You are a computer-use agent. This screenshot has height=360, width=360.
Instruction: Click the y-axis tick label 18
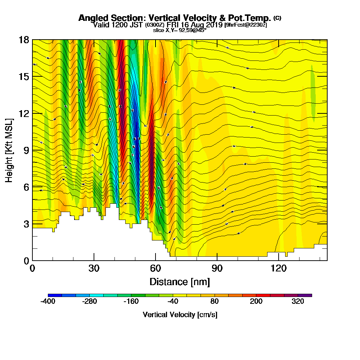24,40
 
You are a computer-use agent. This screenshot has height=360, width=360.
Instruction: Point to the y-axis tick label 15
24,77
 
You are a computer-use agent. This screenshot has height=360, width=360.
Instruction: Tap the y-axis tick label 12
24,113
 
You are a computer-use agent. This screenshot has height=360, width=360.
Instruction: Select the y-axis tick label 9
26,150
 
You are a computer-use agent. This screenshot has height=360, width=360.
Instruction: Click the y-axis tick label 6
26,187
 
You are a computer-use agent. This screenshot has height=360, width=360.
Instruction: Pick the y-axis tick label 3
26,224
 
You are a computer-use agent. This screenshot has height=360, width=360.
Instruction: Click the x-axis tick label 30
94,268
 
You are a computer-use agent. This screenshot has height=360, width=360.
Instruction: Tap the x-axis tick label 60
156,268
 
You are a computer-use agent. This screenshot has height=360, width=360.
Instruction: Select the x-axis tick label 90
217,268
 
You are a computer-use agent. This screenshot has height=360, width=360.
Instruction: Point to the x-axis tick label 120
279,268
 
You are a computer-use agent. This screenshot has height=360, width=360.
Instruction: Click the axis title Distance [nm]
180,282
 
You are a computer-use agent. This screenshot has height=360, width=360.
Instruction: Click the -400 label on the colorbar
48,302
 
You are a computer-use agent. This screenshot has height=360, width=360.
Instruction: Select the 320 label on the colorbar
298,302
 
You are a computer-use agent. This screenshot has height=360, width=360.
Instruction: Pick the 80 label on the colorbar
215,302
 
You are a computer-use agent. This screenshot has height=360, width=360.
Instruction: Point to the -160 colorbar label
131,302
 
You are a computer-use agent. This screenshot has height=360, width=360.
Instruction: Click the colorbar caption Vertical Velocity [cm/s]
180,315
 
